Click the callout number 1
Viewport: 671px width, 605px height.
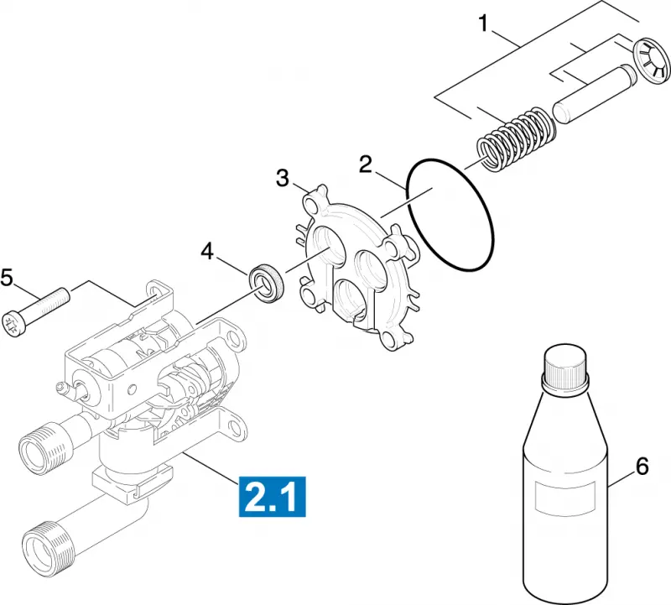click(484, 23)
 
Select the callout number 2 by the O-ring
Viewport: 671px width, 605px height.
click(366, 164)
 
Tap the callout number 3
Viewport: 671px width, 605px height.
click(283, 178)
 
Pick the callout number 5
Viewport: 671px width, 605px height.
click(7, 278)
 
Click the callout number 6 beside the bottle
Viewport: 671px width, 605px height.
click(642, 467)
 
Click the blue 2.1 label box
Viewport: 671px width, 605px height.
click(273, 496)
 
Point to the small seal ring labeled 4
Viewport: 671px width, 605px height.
click(266, 283)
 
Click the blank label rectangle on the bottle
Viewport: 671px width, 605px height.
click(565, 497)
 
